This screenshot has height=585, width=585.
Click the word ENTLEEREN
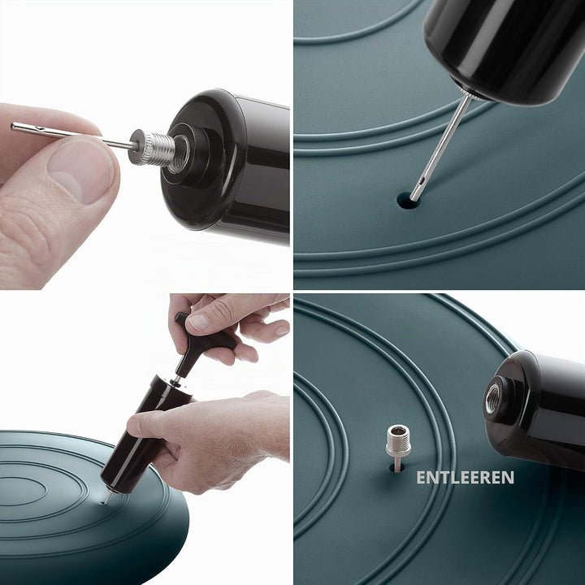465,478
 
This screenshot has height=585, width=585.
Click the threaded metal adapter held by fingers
153,149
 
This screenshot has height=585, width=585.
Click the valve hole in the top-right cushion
408,201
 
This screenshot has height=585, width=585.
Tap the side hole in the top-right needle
422,183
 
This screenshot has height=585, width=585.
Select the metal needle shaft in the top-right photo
440,147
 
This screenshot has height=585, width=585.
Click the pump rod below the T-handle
175,380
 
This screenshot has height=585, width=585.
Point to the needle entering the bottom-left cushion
106,498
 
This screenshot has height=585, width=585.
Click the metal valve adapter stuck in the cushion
398,447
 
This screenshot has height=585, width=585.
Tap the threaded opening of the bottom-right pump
492,398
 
